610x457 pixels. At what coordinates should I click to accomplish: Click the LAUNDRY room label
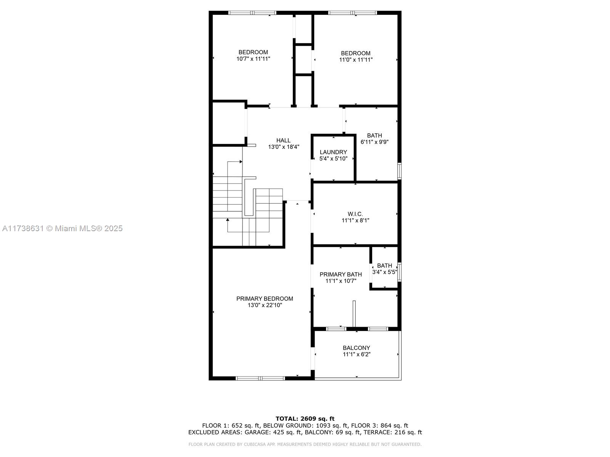333,152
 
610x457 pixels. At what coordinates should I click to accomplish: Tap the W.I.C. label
355,214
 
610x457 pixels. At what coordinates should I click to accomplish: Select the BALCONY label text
356,348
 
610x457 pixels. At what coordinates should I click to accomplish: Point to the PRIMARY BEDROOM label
265,299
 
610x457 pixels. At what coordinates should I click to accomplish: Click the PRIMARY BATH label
341,275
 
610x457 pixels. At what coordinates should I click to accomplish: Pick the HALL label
284,141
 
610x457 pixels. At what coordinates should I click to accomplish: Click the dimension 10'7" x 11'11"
253,59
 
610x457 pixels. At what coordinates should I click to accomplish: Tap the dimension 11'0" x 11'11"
356,60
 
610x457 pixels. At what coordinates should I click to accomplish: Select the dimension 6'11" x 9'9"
374,142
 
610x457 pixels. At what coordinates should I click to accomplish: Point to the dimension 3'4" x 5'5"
385,272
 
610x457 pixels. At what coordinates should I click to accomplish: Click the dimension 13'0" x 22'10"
265,305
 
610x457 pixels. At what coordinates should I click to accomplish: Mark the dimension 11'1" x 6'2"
356,354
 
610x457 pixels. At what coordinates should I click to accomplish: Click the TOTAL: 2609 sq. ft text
305,419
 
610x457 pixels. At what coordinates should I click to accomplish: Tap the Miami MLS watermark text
62,228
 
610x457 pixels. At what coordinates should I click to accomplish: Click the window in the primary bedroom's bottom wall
260,378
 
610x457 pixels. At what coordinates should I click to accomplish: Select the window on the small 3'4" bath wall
399,272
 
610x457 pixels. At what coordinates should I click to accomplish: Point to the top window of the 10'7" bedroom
252,13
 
